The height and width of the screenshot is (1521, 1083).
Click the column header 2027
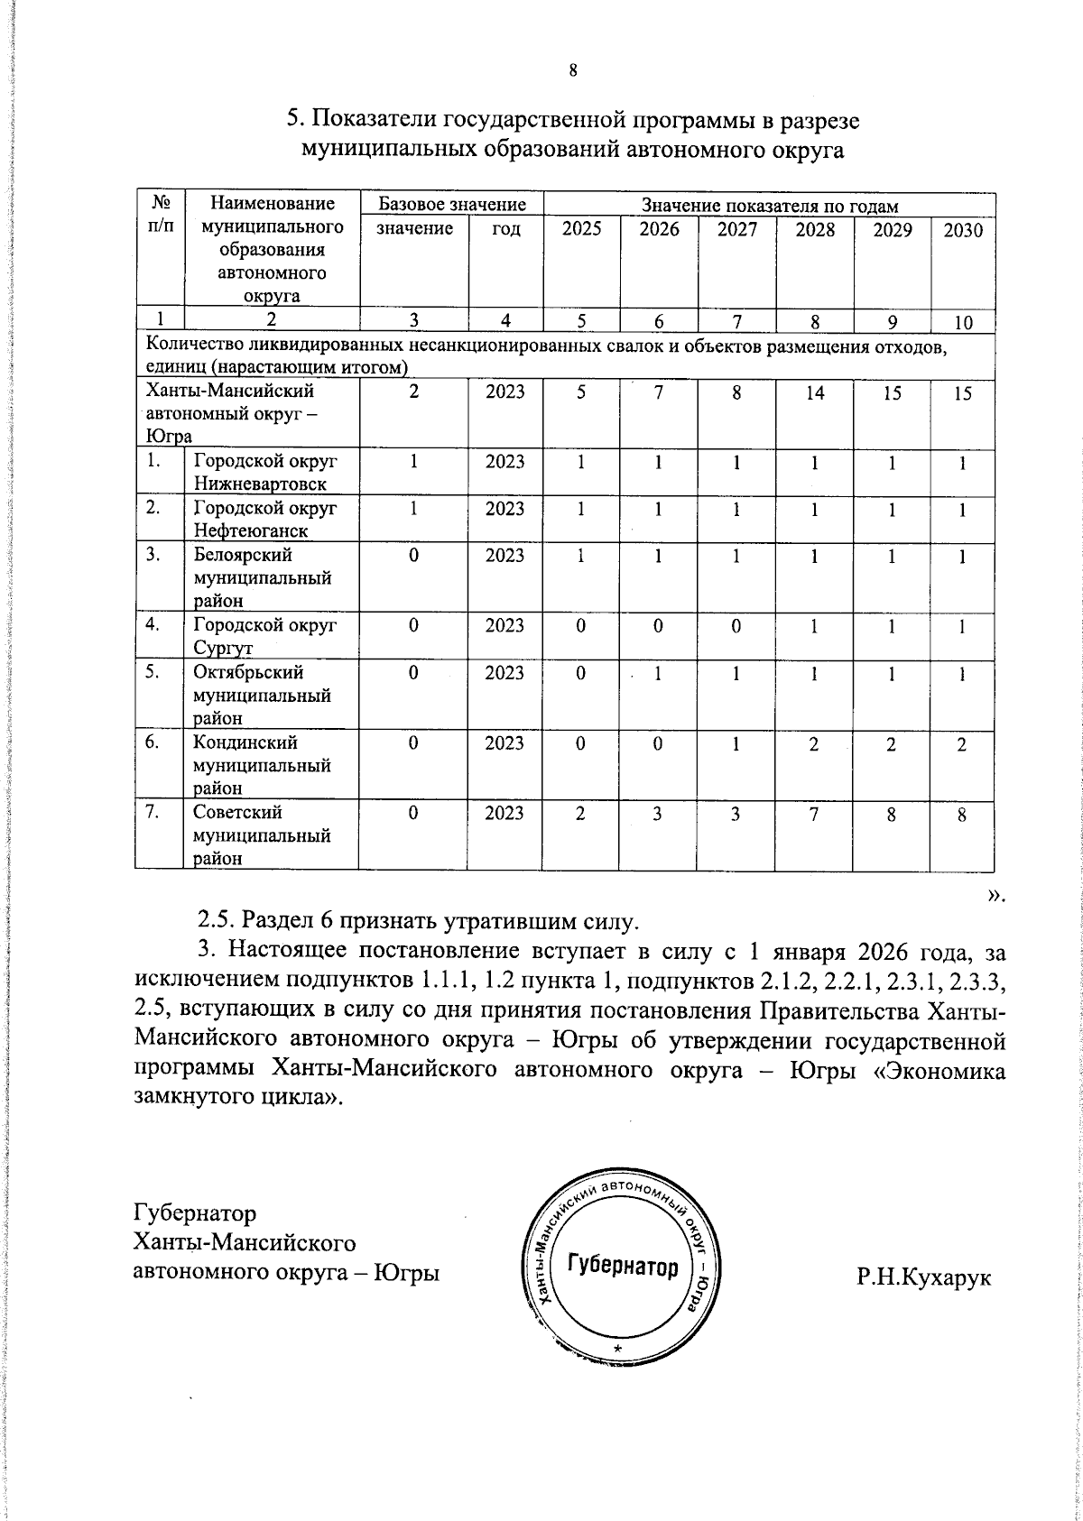[736, 230]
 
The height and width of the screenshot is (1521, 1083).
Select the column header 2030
[962, 230]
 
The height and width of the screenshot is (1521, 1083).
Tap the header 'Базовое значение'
[451, 206]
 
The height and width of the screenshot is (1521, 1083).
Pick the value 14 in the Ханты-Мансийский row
[814, 393]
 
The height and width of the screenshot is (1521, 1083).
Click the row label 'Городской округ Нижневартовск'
[265, 472]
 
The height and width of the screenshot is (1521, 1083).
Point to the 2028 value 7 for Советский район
[814, 814]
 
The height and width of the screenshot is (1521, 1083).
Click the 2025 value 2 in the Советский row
[580, 814]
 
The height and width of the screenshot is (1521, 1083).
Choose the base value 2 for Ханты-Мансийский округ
[413, 393]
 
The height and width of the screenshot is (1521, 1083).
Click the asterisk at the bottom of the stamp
[617, 1347]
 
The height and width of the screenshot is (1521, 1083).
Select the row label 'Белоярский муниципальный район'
[262, 577]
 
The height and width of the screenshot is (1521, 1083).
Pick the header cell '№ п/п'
[160, 215]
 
